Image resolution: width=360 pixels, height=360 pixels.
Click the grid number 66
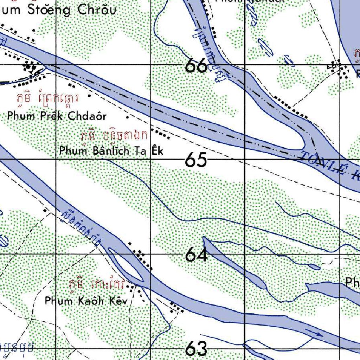pos(196,65)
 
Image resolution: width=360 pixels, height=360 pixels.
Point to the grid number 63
pos(196,349)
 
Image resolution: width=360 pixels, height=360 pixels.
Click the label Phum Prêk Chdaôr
pos(56,116)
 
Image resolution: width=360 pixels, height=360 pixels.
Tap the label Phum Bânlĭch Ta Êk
pos(111,151)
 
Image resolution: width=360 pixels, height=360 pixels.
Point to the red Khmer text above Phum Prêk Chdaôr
pos(47,99)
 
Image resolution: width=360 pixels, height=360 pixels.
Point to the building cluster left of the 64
pos(143,258)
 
